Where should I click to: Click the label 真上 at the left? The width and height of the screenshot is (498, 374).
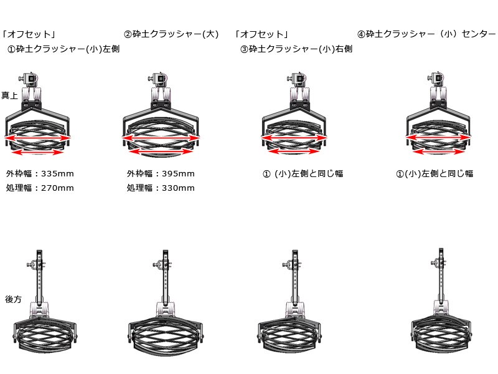tap(9, 95)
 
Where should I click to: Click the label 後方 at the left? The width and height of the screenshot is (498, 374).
tap(13, 299)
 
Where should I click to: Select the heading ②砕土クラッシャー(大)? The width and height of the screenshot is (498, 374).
tap(171, 34)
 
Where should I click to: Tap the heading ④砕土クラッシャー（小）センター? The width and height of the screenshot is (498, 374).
tap(426, 34)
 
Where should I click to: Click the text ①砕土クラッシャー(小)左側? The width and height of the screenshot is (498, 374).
tap(63, 49)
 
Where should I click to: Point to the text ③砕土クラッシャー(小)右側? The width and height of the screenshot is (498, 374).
tap(296, 49)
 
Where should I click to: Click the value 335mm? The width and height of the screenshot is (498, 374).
tap(57, 174)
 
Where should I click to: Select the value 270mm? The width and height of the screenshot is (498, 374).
tap(57, 188)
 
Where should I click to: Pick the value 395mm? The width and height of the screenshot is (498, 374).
tap(178, 174)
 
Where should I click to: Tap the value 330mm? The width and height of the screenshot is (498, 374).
tap(178, 188)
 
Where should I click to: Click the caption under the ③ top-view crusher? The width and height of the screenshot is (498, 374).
tap(303, 174)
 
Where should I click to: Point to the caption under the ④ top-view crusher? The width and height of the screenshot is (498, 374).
tap(435, 174)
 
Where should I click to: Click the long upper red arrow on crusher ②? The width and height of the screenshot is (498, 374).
tap(161, 138)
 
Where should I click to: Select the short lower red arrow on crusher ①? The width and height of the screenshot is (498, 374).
tap(38, 152)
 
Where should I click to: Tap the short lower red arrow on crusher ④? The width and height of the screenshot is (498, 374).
tap(439, 151)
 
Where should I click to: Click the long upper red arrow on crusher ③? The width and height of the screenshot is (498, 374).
tap(294, 138)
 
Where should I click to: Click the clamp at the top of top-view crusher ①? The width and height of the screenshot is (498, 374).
tap(29, 79)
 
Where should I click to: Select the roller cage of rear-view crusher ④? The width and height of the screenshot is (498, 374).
tap(441, 333)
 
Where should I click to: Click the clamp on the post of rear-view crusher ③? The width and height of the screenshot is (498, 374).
tap(291, 264)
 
